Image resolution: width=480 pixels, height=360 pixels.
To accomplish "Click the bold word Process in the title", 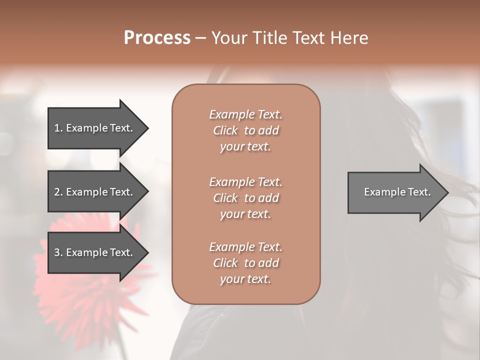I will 157,37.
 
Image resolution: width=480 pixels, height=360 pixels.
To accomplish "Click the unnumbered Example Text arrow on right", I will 395,192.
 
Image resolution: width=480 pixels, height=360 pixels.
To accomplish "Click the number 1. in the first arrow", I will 58,128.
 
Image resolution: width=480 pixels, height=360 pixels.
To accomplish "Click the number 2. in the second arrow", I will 58,192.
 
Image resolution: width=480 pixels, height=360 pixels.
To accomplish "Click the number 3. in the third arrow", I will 58,252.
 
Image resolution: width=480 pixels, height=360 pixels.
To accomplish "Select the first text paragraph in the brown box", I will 245,130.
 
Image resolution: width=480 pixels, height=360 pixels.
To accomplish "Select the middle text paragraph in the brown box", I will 245,197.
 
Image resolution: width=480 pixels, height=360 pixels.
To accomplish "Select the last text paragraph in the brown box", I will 245,263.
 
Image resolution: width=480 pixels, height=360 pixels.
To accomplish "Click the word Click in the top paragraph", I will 225,130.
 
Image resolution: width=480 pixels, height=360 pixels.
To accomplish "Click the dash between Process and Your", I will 200,38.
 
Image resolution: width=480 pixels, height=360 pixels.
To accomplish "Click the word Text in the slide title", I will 308,37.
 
